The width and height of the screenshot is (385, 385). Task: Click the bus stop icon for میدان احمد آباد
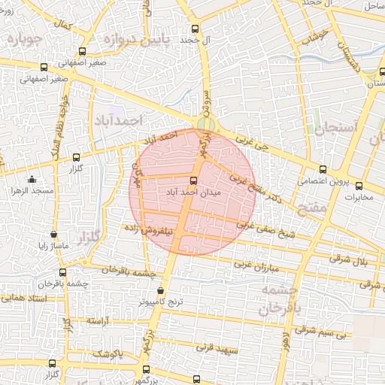tap(193, 180)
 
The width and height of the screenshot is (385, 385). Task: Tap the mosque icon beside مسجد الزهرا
tap(32, 179)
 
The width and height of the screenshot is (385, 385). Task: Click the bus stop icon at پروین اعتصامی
tap(323, 169)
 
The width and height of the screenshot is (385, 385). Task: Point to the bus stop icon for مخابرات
tap(359, 186)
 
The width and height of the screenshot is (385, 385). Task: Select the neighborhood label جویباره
tap(23, 38)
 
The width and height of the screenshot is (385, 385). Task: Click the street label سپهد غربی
tap(217, 349)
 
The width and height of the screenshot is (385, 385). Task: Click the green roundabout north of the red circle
tap(205, 124)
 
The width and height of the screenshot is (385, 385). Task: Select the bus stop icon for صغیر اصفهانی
tap(82, 51)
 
